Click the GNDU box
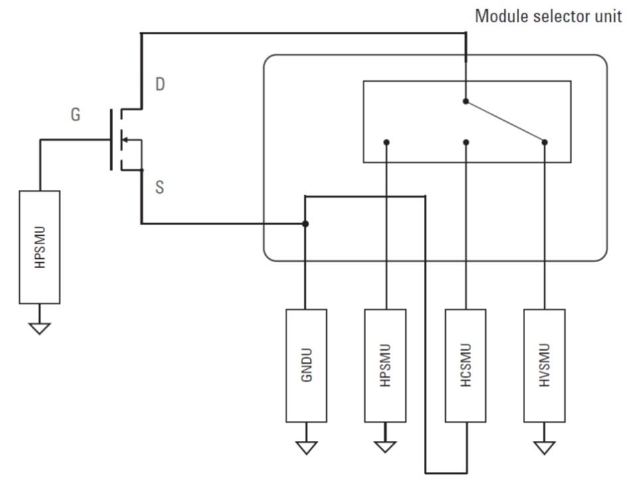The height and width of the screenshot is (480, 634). point(306,366)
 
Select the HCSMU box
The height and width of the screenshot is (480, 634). point(465,366)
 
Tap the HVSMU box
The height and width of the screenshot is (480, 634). point(544,366)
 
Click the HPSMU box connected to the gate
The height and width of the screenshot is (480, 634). point(40,247)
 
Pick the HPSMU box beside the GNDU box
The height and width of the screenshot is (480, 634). point(385,366)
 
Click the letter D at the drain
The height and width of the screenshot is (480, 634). point(160,84)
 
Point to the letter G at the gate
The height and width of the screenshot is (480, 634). point(76,114)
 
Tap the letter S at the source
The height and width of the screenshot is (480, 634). point(159,187)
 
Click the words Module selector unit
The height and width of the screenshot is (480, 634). point(548,16)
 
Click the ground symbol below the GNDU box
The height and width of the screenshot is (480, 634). point(306,447)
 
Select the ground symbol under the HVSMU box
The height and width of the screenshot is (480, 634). point(544,447)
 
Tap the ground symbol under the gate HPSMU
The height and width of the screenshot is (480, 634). point(40,328)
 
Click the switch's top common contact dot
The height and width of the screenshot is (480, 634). point(466,101)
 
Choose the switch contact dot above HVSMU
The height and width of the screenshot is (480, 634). point(545,142)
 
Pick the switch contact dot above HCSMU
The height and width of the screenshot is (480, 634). point(467,142)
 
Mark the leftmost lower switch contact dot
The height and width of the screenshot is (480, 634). point(387,142)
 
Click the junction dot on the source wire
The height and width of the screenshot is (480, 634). point(305,224)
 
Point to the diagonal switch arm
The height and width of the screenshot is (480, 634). point(506,121)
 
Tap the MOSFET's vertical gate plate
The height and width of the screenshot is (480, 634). point(111,139)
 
